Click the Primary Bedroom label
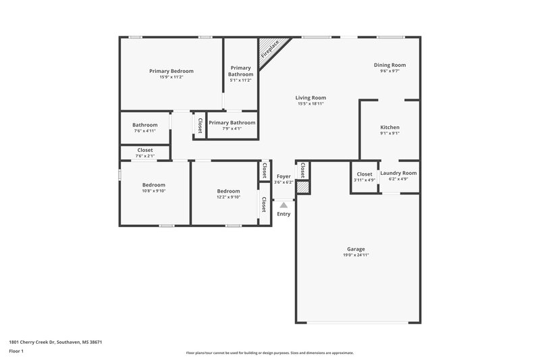click(x=171, y=71)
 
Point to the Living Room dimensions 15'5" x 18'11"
click(x=311, y=104)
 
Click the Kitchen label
click(x=389, y=127)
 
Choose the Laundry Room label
click(x=398, y=173)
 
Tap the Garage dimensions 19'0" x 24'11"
click(x=356, y=255)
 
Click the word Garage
click(x=356, y=249)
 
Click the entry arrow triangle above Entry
click(x=284, y=204)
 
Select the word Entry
click(x=283, y=214)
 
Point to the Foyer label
click(x=283, y=176)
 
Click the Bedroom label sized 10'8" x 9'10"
click(x=153, y=185)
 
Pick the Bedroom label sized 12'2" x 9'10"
click(x=228, y=191)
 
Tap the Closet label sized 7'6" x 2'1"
click(x=144, y=150)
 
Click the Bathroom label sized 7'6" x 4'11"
click(x=144, y=125)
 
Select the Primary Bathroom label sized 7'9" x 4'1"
click(x=232, y=123)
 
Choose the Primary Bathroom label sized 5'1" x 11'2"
click(x=240, y=68)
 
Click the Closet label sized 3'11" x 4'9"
click(x=364, y=174)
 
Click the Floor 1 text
click(x=16, y=352)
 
